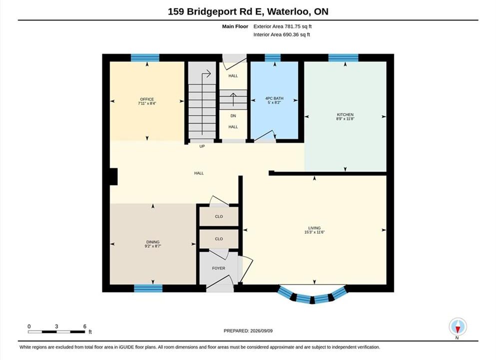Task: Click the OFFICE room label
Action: click(x=147, y=99)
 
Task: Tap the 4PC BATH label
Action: click(x=274, y=98)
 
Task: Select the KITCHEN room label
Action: click(x=345, y=114)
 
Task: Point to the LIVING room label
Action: click(x=314, y=228)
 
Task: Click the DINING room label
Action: click(x=153, y=242)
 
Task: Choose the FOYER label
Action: click(x=219, y=268)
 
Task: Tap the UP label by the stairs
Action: click(x=202, y=146)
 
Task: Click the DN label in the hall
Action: click(x=233, y=116)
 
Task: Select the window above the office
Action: click(x=145, y=57)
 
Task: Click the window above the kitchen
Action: click(x=343, y=57)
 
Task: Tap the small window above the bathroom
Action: click(x=273, y=57)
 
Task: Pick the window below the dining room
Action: click(x=148, y=288)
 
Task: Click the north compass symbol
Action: click(x=458, y=327)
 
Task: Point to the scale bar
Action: click(x=56, y=332)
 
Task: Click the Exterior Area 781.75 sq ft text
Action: click(x=283, y=26)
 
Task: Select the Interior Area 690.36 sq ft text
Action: click(x=282, y=34)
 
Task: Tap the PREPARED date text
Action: click(x=248, y=331)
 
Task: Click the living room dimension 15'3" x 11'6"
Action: click(x=314, y=232)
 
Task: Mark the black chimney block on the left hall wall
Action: click(x=113, y=176)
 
